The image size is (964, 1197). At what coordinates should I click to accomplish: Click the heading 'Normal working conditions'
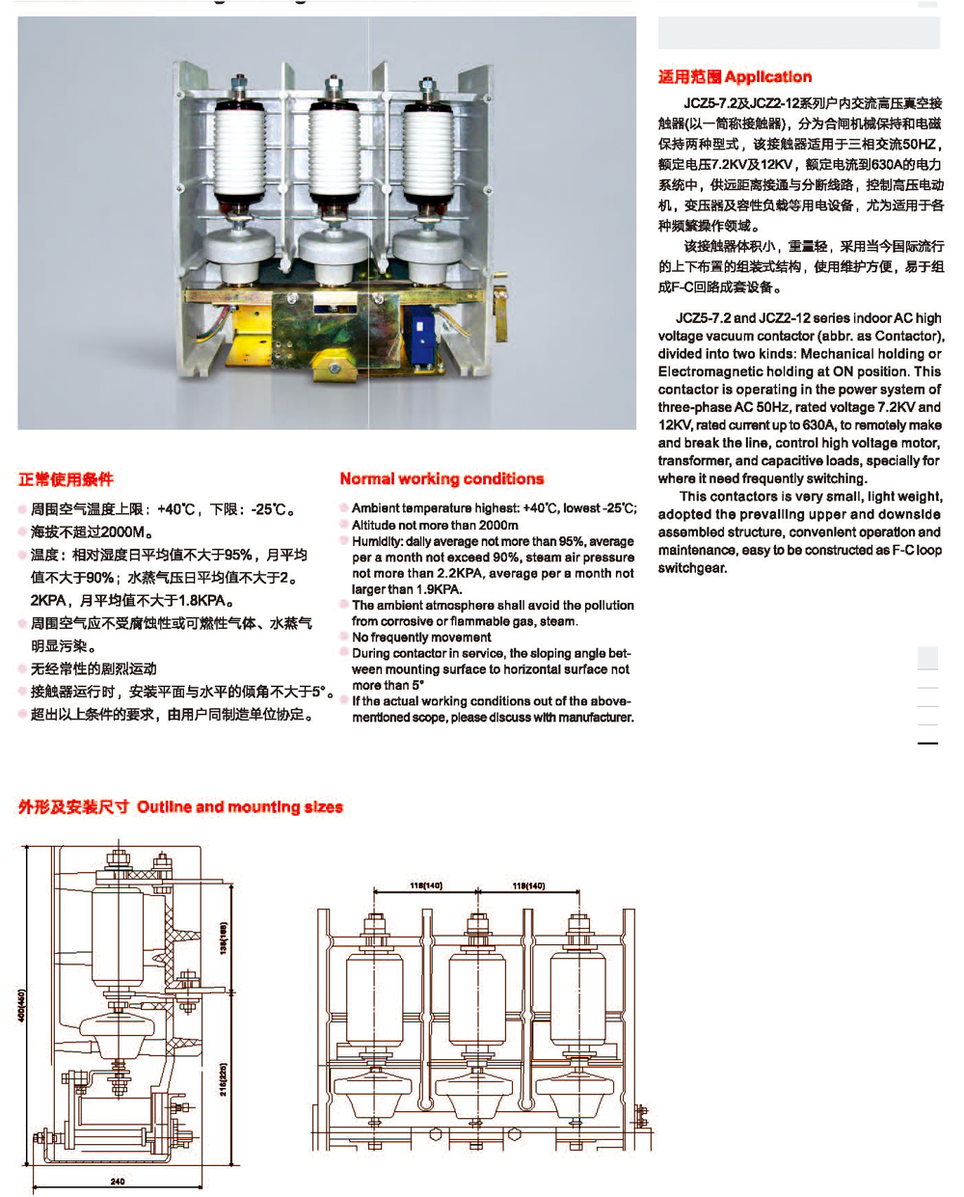tap(442, 478)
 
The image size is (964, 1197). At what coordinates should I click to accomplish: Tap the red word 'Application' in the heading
tap(768, 77)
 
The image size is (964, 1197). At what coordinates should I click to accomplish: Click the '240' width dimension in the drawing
tap(117, 1181)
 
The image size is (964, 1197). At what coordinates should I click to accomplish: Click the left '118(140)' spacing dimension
tap(425, 885)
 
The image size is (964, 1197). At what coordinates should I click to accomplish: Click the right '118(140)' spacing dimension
tap(528, 885)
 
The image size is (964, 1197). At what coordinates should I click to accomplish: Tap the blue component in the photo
tap(420, 334)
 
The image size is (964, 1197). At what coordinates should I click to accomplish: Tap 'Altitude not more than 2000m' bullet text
tap(435, 525)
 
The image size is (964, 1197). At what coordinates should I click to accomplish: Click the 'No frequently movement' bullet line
tap(421, 637)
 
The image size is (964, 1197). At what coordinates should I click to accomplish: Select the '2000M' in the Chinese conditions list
tap(123, 531)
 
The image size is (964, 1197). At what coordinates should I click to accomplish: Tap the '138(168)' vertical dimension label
tap(224, 938)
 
